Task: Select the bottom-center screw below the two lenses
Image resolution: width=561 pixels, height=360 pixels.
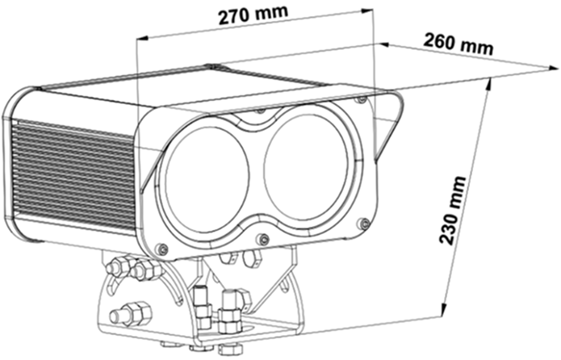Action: click(262, 239)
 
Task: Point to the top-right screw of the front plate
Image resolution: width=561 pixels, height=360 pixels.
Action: click(362, 100)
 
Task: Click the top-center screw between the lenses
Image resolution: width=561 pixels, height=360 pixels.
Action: click(260, 111)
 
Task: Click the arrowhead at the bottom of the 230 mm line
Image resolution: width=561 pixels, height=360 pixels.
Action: click(446, 310)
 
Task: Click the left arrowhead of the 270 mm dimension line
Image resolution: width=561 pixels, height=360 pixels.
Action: click(142, 36)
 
